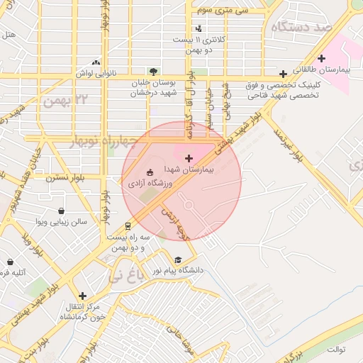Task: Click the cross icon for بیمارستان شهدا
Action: [x=188, y=157]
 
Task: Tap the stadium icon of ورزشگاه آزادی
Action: [x=150, y=172]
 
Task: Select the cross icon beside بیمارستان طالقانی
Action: [x=321, y=58]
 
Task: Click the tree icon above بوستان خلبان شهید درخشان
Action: [x=152, y=72]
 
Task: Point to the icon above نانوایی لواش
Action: [x=96, y=62]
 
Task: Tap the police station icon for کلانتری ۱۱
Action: [x=199, y=29]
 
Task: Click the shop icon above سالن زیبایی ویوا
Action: [x=61, y=211]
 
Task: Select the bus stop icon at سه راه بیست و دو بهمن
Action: [x=128, y=227]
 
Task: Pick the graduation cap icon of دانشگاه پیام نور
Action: [x=178, y=259]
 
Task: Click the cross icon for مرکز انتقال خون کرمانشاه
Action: [x=83, y=296]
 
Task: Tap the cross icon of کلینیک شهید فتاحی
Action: [x=283, y=74]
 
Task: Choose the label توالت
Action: [x=335, y=350]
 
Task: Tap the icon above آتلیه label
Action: [x=10, y=262]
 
